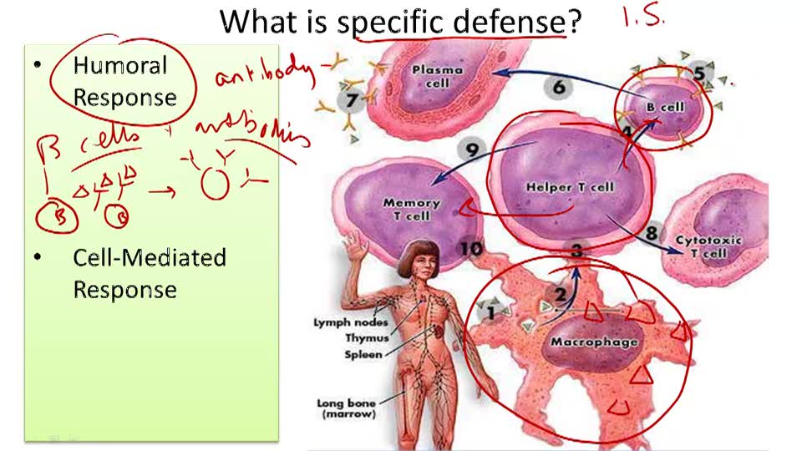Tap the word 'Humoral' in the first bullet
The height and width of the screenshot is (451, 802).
coord(119,65)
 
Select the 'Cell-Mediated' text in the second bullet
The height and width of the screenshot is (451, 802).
coord(150,257)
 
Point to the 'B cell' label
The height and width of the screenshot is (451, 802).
coord(666,107)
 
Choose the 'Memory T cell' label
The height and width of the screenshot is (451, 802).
coord(411,209)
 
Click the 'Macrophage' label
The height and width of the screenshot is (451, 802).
coord(594,342)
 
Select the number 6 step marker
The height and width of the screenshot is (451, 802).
coord(559,87)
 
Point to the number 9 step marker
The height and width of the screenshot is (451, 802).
coord(472,150)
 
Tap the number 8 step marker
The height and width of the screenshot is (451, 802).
coord(652,232)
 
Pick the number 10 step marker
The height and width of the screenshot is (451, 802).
coord(470,249)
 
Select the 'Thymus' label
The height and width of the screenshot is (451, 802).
coord(364,338)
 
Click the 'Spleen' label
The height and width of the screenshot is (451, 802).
coord(364,354)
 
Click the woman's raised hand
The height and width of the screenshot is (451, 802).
coord(358,244)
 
